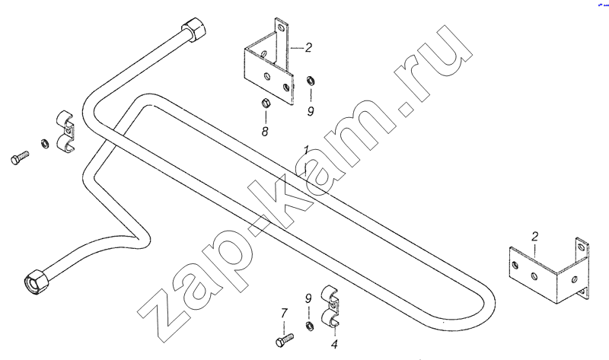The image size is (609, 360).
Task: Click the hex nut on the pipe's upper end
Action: [x=194, y=29]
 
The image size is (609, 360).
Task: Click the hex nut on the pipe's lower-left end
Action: [x=36, y=281]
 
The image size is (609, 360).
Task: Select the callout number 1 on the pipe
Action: [x=306, y=151]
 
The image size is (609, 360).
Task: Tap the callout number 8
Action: [x=265, y=132]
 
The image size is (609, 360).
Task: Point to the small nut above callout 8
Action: [x=266, y=104]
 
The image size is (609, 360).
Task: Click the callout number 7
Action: [x=284, y=313]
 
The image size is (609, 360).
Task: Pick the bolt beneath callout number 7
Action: [x=285, y=339]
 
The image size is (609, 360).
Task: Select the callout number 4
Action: [x=334, y=344]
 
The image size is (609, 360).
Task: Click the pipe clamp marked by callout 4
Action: [x=330, y=307]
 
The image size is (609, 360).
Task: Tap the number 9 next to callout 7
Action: [x=308, y=298]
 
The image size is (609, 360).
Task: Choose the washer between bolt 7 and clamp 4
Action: [x=310, y=327]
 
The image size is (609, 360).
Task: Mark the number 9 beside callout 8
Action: [x=311, y=111]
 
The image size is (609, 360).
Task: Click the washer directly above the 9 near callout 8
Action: [x=311, y=81]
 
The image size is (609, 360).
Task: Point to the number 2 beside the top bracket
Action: [x=308, y=47]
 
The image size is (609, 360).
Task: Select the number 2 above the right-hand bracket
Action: [x=535, y=236]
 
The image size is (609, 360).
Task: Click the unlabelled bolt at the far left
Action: [x=20, y=158]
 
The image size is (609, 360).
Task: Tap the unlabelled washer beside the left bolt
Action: [x=45, y=144]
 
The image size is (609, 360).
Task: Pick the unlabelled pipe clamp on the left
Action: [x=65, y=132]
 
